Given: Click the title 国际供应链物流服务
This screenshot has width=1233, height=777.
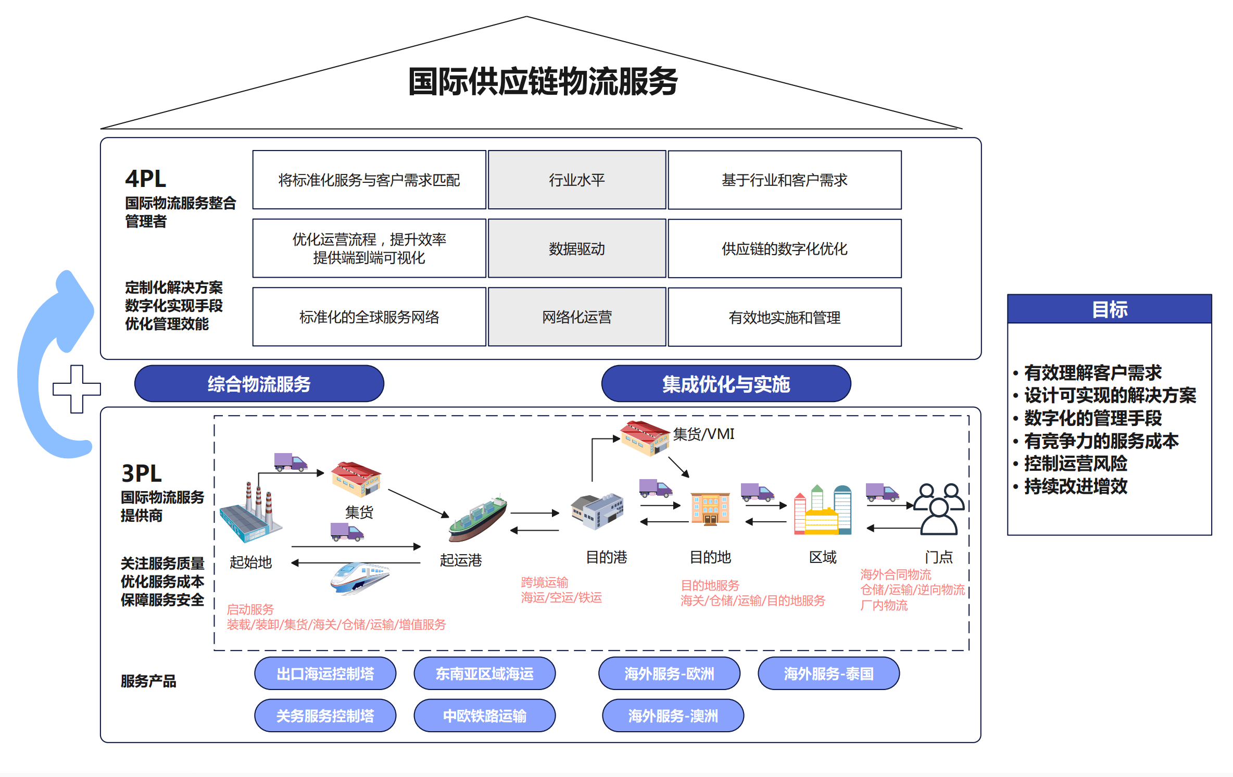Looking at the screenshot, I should [543, 82].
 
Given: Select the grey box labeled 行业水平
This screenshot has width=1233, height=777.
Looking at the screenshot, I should [577, 180].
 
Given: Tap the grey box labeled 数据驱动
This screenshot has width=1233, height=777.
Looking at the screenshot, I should [577, 248].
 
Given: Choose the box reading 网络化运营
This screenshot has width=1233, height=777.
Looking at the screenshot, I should [577, 317].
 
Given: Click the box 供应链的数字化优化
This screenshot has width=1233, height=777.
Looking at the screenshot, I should [784, 248].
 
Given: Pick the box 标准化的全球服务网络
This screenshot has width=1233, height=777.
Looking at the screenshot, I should [369, 317].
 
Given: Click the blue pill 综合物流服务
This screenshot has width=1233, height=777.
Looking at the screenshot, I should [259, 384].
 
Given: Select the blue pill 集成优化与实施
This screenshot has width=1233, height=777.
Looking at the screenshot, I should [726, 384].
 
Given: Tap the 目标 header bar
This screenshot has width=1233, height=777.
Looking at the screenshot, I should [1109, 309].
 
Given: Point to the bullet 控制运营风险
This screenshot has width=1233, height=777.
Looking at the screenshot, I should [1076, 463].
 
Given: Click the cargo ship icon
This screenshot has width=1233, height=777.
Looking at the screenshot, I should [477, 518].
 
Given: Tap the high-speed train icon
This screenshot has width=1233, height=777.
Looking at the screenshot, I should [359, 577].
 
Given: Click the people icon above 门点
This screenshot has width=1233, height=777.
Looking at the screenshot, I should [939, 509].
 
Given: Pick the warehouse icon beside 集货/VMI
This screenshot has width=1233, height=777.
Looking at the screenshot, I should [644, 437].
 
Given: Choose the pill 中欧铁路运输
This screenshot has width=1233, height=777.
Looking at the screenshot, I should [484, 716].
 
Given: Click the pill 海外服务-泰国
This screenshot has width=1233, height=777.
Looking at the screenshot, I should [828, 673].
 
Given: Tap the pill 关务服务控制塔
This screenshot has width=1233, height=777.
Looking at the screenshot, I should [325, 716].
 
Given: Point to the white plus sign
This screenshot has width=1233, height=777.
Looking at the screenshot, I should [77, 389].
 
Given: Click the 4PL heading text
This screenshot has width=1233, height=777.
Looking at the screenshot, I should [146, 179].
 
